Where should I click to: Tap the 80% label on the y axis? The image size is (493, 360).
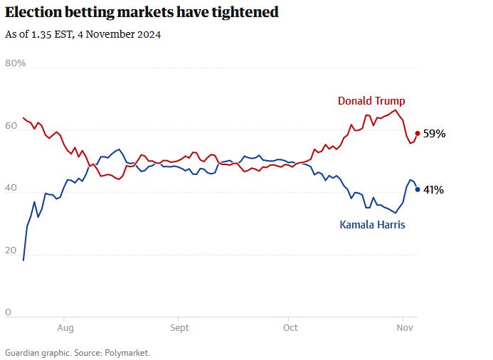(16, 63)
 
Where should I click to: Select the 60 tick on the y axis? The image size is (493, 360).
(11, 126)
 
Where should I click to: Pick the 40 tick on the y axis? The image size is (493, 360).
(11, 188)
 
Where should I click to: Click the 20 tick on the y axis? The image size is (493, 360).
(11, 250)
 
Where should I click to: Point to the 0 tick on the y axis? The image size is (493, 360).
(8, 312)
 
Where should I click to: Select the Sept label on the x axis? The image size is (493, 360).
(179, 328)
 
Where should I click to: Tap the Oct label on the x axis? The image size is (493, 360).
(290, 328)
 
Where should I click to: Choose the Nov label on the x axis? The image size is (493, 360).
(403, 328)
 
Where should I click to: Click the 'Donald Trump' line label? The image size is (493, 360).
(371, 100)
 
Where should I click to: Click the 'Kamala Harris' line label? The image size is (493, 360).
(372, 225)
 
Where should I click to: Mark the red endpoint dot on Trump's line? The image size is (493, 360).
(417, 133)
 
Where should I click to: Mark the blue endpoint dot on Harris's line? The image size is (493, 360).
(417, 189)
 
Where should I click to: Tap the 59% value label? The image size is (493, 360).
(434, 134)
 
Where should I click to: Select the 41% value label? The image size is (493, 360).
(434, 190)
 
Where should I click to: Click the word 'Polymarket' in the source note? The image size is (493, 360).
(129, 352)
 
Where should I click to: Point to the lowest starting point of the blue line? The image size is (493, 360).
(23, 260)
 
